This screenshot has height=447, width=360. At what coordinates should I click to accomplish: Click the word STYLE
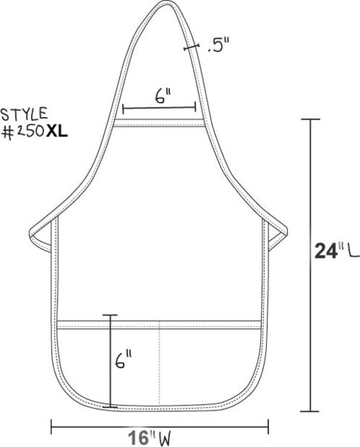point(24,114)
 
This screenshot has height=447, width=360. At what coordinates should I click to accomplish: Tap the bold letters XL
point(57,132)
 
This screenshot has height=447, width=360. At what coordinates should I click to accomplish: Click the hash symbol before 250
point(7,133)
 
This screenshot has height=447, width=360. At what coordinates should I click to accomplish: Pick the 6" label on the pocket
point(123,360)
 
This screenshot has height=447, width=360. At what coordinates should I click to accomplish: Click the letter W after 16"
point(165,439)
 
